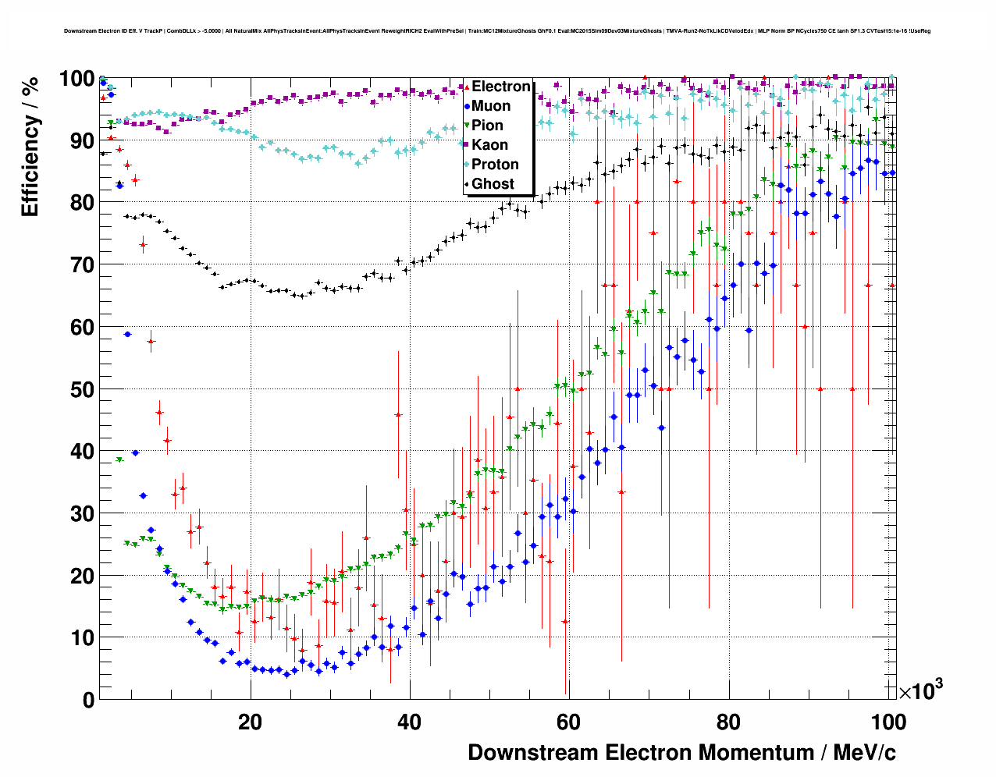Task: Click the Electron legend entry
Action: [x=500, y=87]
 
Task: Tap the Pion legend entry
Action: [x=487, y=126]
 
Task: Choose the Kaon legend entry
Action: [x=489, y=145]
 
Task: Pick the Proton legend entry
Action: [x=495, y=165]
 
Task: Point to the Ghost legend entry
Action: [x=493, y=184]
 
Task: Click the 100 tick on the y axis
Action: [x=77, y=79]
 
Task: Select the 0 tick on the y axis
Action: [x=87, y=700]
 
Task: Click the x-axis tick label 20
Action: [x=250, y=722]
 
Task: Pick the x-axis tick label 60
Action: [x=569, y=722]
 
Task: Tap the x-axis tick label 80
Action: [x=728, y=722]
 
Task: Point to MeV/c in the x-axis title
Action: [x=865, y=753]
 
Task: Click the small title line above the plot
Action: [x=497, y=31]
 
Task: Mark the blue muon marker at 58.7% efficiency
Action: [x=127, y=334]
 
